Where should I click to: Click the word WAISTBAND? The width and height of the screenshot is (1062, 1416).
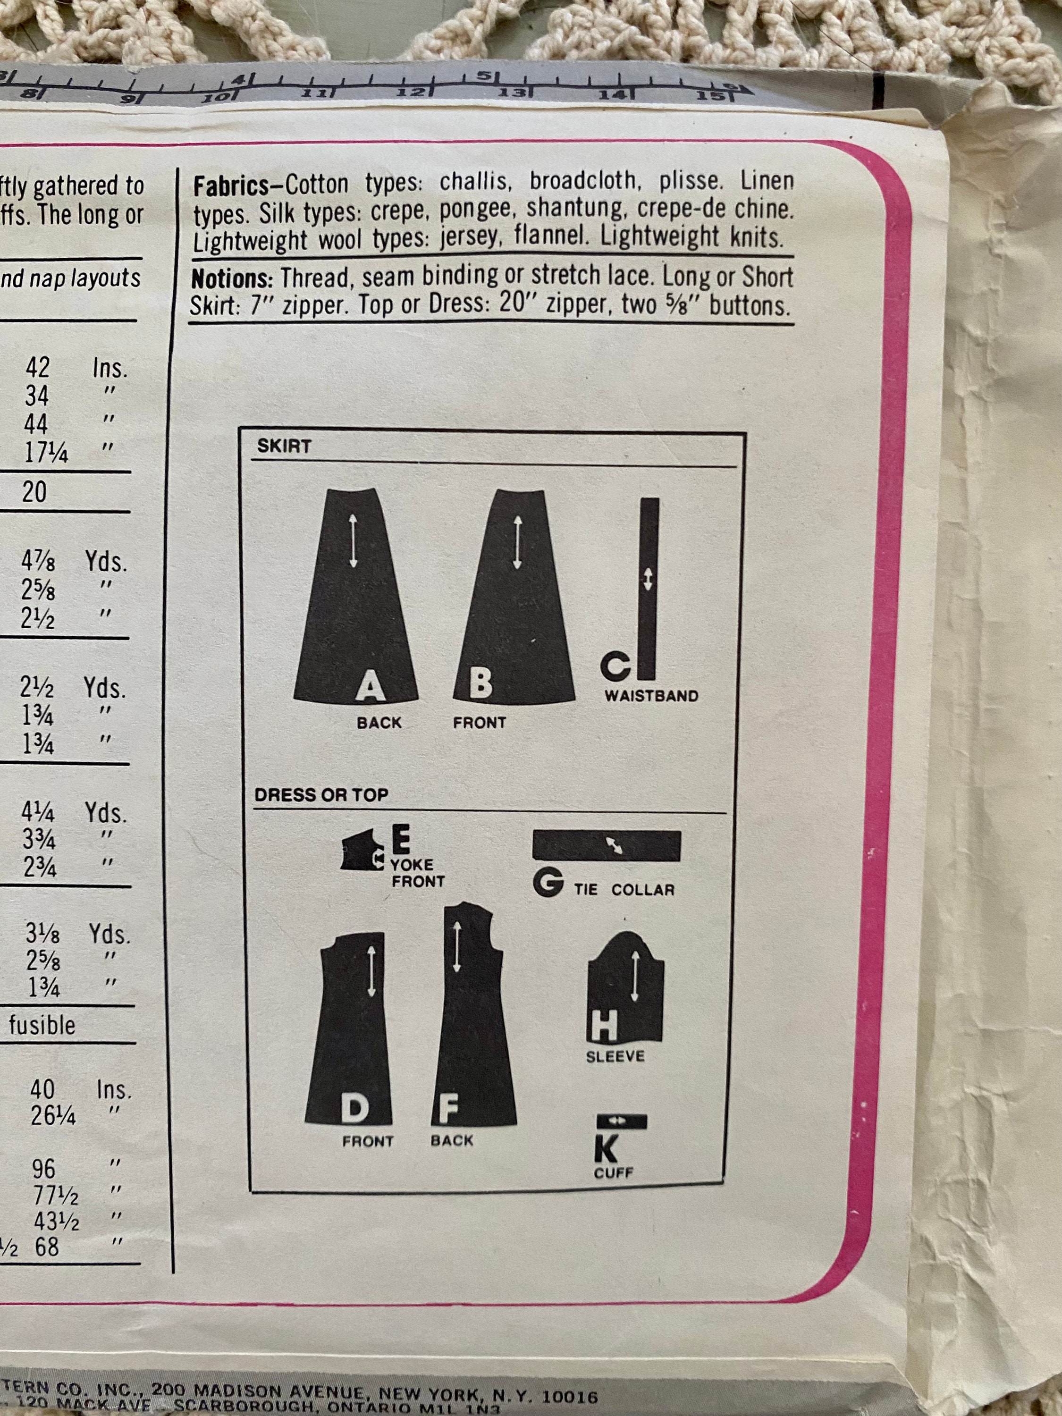click(x=651, y=695)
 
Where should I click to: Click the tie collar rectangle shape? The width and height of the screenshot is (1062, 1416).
click(x=606, y=846)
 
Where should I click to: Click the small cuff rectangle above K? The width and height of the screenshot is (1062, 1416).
click(x=622, y=1120)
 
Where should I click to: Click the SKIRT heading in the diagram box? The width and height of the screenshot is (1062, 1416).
click(x=284, y=446)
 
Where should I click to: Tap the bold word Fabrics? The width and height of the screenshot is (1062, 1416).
click(x=231, y=187)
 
